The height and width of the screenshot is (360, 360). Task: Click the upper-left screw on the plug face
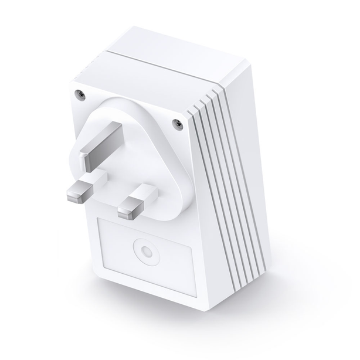pyautogui.click(x=78, y=92)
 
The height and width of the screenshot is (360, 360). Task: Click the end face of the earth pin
pyautogui.click(x=88, y=158)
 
